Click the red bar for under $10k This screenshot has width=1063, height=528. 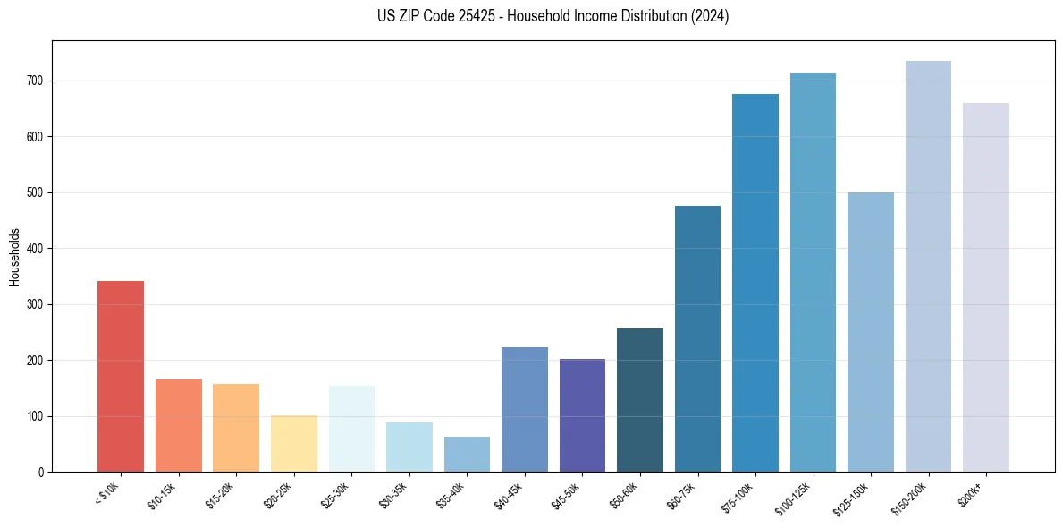[121, 376]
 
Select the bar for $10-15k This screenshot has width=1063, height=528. [179, 425]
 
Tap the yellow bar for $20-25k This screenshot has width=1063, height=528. [294, 443]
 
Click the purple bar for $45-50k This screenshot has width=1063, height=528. [582, 415]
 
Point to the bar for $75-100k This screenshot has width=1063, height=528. [755, 283]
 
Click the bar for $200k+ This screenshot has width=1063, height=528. [986, 287]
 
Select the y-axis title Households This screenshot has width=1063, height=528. [14, 256]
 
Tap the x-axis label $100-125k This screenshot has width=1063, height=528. [796, 498]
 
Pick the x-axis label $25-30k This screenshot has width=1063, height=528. [337, 495]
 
